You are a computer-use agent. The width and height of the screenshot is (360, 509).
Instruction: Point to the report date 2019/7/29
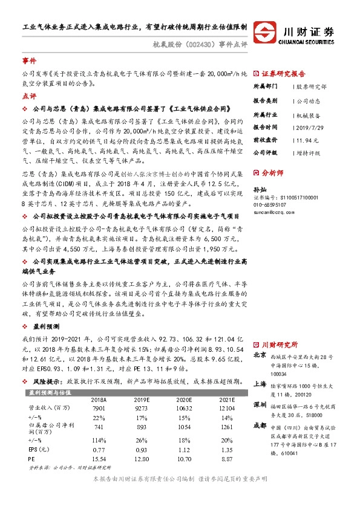(311, 127)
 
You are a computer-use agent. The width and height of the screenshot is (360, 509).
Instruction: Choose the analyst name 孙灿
(259, 189)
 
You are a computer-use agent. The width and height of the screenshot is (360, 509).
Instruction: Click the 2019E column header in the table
(142, 400)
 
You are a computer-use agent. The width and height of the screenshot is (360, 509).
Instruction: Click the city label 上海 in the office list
(260, 383)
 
